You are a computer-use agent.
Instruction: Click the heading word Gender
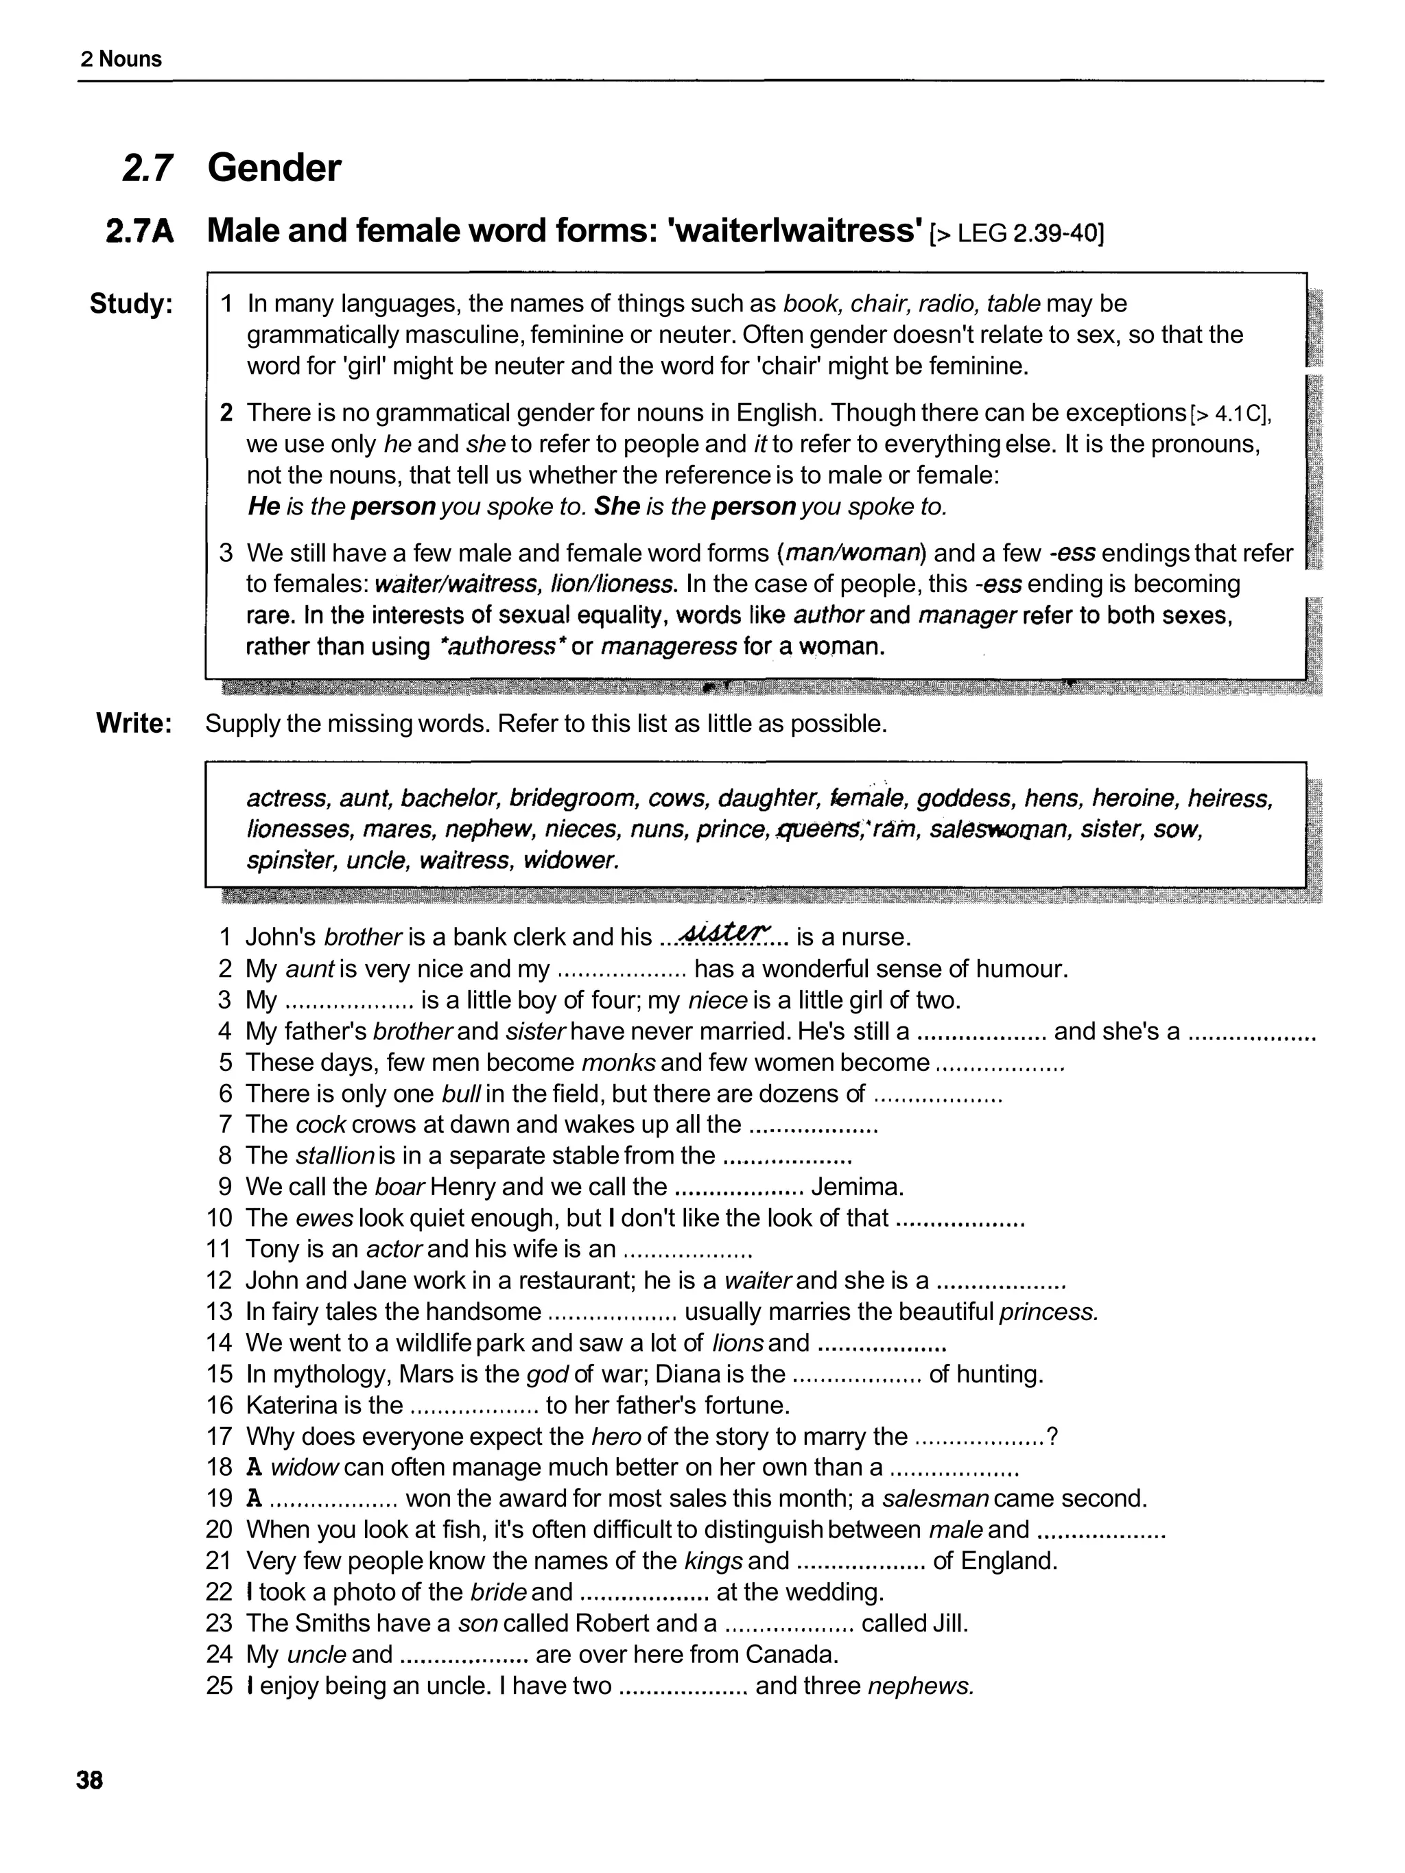(274, 167)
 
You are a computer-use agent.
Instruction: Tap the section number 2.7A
(140, 231)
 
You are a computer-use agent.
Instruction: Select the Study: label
(131, 303)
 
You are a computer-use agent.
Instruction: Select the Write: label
(134, 723)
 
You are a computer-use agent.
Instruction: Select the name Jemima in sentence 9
(857, 1187)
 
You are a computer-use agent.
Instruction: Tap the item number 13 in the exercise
(218, 1312)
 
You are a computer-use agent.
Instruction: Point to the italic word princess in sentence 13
(1048, 1312)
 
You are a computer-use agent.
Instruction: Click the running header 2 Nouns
(121, 59)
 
